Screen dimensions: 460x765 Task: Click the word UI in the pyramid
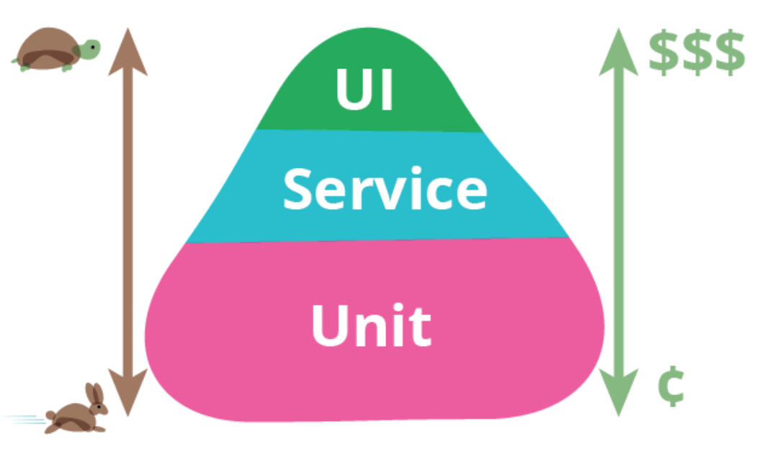pos(364,90)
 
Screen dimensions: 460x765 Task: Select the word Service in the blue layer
pos(384,189)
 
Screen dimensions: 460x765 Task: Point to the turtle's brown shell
pos(46,49)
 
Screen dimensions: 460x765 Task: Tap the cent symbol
pos(670,388)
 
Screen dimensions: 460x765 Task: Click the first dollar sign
pos(663,53)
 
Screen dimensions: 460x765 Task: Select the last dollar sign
pos(729,53)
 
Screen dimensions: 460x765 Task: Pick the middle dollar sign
pos(696,53)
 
